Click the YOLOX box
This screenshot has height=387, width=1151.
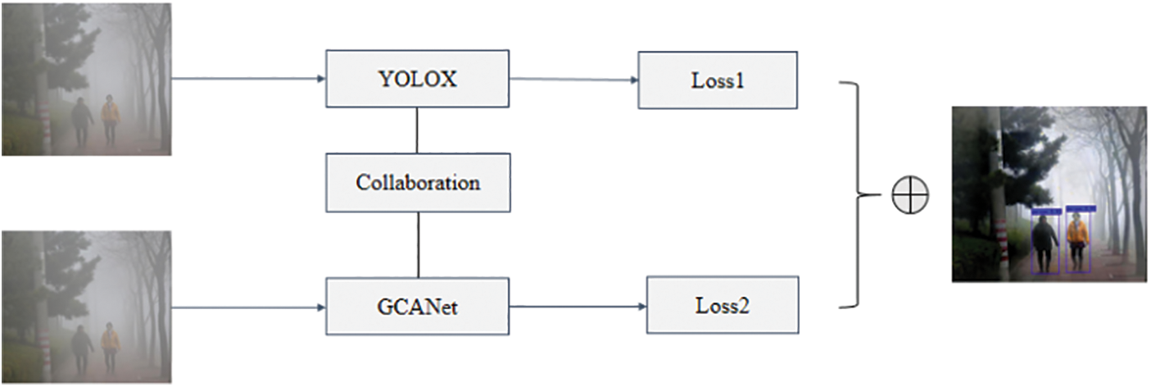point(417,79)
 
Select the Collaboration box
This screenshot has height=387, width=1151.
point(418,182)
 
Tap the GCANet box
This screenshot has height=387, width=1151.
point(417,306)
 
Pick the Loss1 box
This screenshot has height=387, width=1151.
point(717,80)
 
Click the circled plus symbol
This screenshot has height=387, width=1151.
point(910,195)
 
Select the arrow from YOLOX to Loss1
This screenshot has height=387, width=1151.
point(573,80)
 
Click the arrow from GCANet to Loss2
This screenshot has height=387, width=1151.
point(578,307)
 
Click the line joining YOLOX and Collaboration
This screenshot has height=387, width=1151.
point(418,130)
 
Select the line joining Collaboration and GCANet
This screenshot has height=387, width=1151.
point(419,244)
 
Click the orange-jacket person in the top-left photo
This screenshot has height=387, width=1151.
point(111,120)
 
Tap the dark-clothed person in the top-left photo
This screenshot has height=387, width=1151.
point(82,121)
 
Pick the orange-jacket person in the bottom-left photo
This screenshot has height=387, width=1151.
point(110,347)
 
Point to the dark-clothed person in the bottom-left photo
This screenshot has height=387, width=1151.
point(81,349)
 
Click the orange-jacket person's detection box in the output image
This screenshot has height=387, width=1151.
point(1077,240)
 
